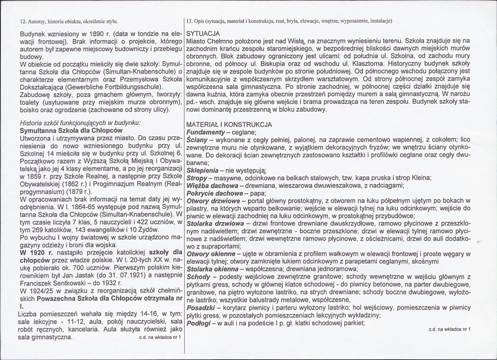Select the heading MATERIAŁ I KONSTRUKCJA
229,124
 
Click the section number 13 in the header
190,20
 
